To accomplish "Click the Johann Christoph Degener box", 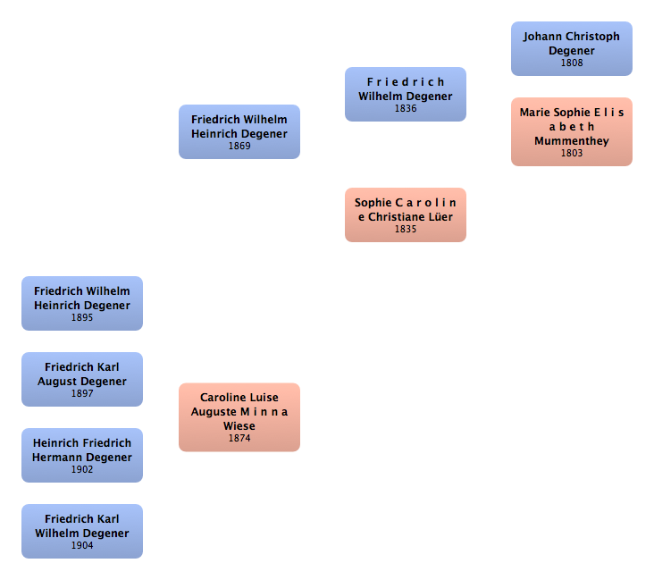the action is [x=572, y=49].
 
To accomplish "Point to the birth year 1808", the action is [x=572, y=63].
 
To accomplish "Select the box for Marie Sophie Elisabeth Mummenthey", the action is [x=572, y=132].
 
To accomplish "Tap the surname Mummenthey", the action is [x=572, y=141].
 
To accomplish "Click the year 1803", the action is [x=572, y=153].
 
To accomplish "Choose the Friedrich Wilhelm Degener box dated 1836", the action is [x=406, y=95].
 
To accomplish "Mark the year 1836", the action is [x=406, y=108].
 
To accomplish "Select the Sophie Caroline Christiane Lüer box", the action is [x=406, y=214].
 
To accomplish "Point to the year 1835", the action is [x=406, y=229].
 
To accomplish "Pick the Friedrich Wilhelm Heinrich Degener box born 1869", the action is [x=239, y=132].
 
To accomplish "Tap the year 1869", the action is [x=239, y=146].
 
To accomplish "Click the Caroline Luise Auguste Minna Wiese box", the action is [x=239, y=417].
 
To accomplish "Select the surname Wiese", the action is [x=239, y=426].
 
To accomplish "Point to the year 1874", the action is [x=239, y=438].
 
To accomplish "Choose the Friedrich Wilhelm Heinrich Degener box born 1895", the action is [x=82, y=303].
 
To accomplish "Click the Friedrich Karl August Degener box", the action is [x=82, y=379].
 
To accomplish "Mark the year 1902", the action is [x=82, y=469].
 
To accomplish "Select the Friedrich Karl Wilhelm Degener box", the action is [x=82, y=531].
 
